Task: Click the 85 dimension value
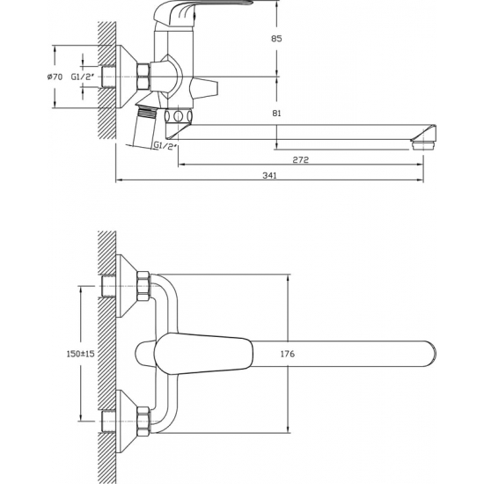coord(276,39)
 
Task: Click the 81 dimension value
coord(277,114)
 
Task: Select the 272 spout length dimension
coord(301,160)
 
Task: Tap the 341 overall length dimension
coord(270,176)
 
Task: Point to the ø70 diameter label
coord(55,77)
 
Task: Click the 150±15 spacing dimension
coord(81,354)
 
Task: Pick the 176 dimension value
coord(288,354)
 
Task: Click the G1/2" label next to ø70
coord(82,77)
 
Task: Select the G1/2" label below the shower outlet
coord(165,145)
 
